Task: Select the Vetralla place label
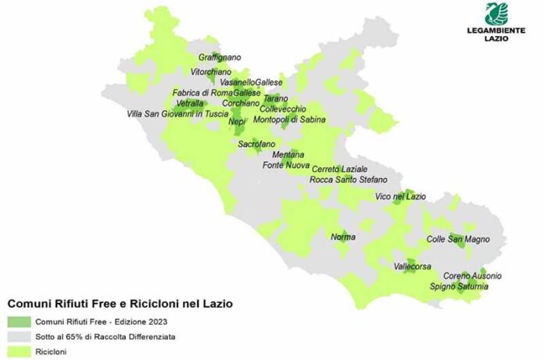(x=190, y=103)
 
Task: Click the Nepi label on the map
(x=237, y=122)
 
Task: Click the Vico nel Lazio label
(x=400, y=196)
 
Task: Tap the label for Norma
(x=343, y=236)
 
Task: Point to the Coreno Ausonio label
(x=472, y=276)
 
